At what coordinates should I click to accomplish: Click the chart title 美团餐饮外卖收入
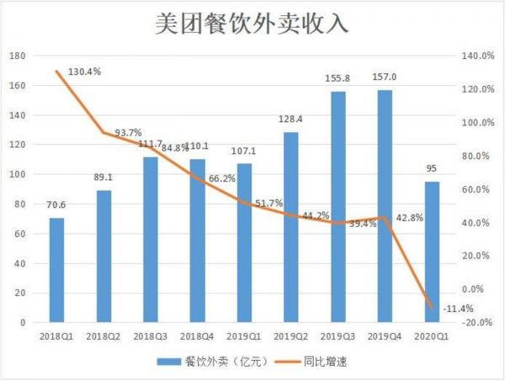click(252, 24)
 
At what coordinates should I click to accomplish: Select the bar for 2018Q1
click(56, 270)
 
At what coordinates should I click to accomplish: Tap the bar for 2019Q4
click(384, 206)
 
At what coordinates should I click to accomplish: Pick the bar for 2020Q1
click(432, 252)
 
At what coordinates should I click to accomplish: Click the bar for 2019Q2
click(290, 227)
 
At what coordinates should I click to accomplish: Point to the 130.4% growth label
click(82, 71)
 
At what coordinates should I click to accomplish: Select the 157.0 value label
click(384, 77)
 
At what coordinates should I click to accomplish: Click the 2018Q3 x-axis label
click(150, 336)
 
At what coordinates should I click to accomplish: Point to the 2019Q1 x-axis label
click(243, 336)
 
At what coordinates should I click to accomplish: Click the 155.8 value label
click(338, 78)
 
